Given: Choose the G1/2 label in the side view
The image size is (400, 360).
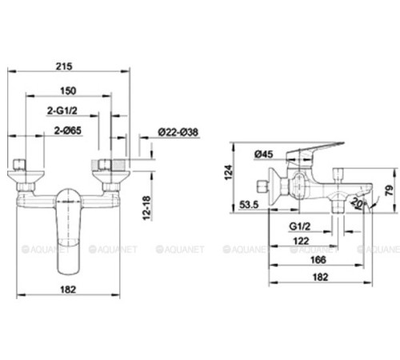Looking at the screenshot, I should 300,227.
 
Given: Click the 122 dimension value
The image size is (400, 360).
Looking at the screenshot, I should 300,241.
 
